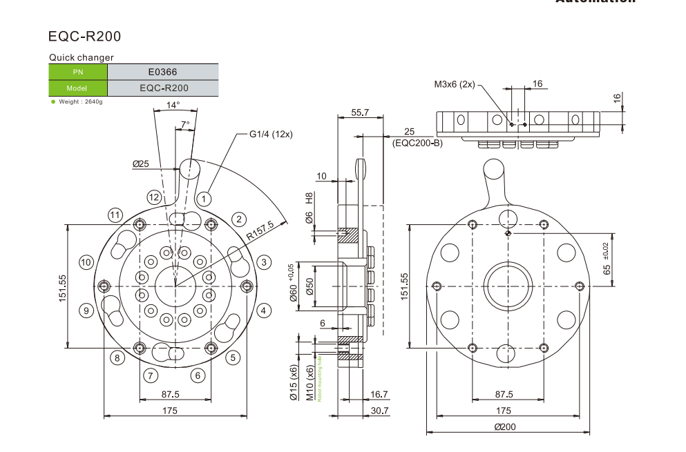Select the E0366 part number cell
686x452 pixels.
(x=163, y=71)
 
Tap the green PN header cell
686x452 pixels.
(x=78, y=71)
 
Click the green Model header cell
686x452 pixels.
(x=78, y=88)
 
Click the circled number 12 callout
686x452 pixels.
(x=154, y=197)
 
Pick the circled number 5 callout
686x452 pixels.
(x=233, y=357)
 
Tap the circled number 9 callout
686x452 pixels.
(x=86, y=310)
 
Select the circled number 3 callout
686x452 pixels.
(x=263, y=262)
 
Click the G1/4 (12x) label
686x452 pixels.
(x=271, y=134)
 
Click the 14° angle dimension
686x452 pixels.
(x=173, y=105)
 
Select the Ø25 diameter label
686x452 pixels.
(x=141, y=164)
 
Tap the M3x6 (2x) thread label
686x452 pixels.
(x=454, y=84)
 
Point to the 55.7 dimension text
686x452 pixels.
(x=360, y=112)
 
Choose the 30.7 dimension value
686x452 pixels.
(x=379, y=411)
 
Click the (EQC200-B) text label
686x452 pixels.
(x=417, y=143)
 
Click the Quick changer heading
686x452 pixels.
(x=82, y=57)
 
